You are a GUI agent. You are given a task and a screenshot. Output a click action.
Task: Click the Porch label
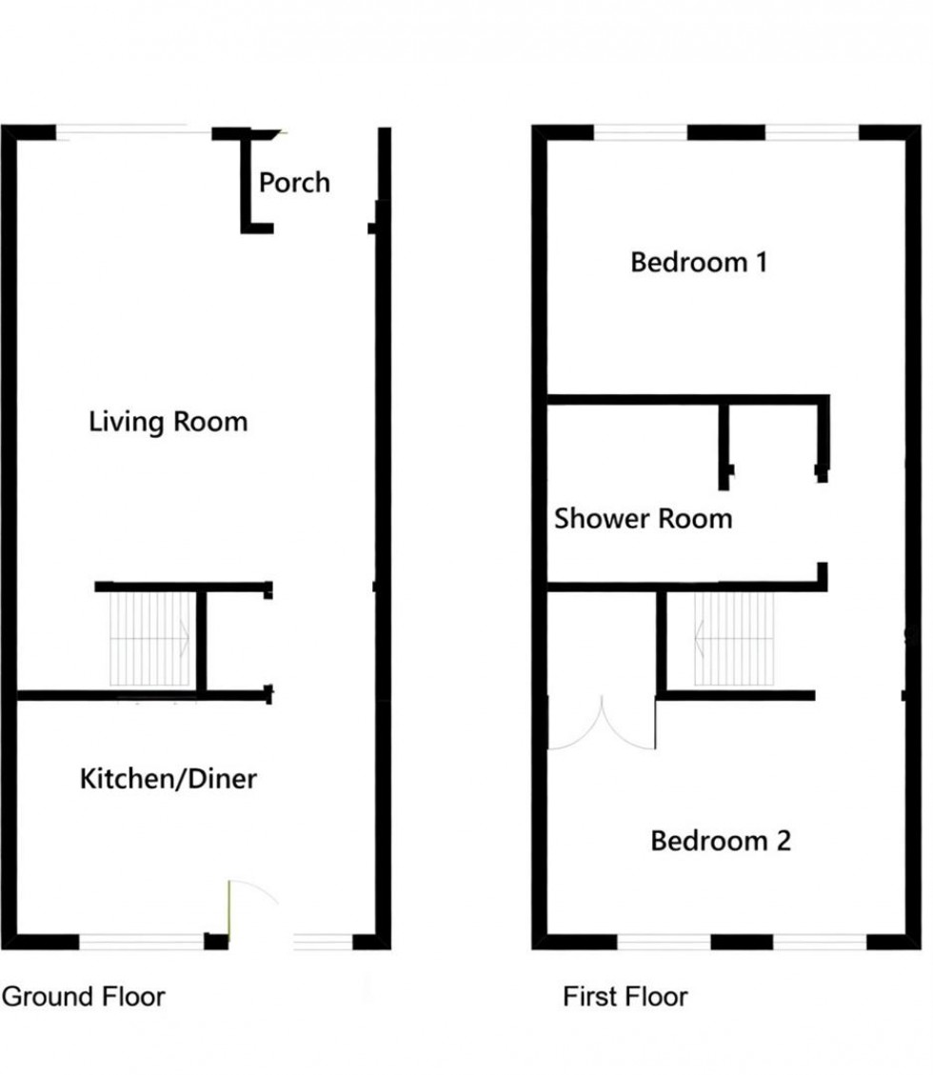pos(294,182)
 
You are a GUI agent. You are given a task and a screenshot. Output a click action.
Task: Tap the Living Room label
pos(168,421)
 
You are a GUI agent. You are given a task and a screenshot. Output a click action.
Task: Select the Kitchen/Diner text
pos(168,779)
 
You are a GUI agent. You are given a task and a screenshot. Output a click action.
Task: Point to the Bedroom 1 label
pos(699,262)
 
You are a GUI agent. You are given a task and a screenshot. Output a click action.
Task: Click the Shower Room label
pos(644,519)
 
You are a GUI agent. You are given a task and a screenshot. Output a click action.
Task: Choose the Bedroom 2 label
pos(721,841)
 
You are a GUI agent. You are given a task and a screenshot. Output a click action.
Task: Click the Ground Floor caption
pos(84,997)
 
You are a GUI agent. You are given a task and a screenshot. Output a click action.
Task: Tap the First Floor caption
pos(625,997)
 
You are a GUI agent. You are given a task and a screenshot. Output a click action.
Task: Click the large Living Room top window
pos(134,133)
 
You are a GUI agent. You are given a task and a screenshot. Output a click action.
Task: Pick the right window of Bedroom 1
pos(811,133)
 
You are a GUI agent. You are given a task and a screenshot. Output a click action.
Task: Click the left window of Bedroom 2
pos(664,943)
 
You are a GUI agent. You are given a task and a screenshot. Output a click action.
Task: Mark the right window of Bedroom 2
pos(819,943)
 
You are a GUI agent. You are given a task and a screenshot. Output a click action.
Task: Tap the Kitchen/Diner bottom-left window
pos(141,943)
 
